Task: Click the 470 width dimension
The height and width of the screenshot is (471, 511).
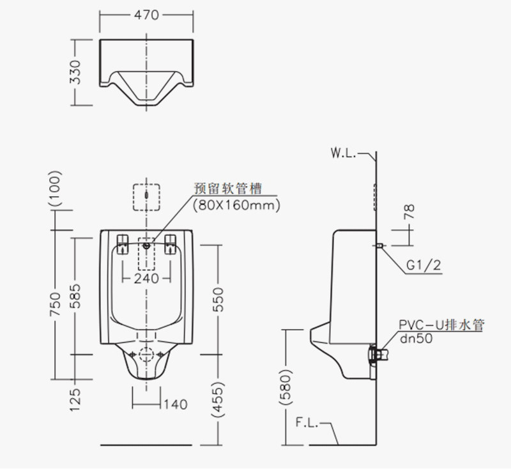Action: pos(146,15)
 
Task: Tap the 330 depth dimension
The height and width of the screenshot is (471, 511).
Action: pos(75,72)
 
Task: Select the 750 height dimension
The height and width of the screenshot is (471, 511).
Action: pos(56,304)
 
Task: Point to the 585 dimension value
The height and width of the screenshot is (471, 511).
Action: pos(75,296)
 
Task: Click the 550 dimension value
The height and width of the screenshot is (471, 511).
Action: pos(218,300)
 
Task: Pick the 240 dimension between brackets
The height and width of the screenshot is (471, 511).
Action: pos(146,279)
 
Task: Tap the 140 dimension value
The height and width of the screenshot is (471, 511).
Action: pos(175,405)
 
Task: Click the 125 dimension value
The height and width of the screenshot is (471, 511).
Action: pos(75,400)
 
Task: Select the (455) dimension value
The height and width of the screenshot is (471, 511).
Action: pos(218,399)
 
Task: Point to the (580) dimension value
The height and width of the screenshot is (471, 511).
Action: pos(286,387)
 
